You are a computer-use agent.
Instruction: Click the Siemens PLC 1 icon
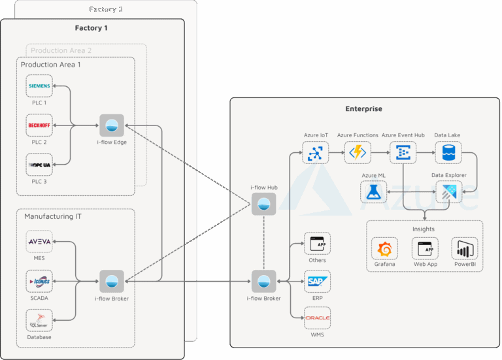pos(39,86)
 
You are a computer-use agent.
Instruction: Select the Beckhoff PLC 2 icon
pos(39,125)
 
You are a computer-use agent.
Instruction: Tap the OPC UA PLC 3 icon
pos(39,165)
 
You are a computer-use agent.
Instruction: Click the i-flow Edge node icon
pos(111,125)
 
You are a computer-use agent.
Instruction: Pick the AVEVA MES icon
pos(39,242)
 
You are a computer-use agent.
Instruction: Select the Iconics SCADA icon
pos(39,282)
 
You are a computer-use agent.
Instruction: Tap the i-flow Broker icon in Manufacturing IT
pos(111,282)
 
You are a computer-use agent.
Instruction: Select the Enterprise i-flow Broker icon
pos(263,282)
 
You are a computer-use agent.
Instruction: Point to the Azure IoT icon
pos(315,152)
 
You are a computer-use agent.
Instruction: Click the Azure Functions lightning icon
pos(358,152)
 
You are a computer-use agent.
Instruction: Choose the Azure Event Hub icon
pos(403,152)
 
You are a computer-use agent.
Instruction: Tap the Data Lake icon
pos(448,152)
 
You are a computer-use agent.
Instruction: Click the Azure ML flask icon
pos(373,191)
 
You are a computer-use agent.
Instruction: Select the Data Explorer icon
pos(448,191)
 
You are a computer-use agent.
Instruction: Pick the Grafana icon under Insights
pos(384,249)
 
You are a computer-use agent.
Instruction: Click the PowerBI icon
pos(464,249)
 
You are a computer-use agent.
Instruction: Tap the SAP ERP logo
pos(317,282)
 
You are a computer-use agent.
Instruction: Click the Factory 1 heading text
pos(92,28)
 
